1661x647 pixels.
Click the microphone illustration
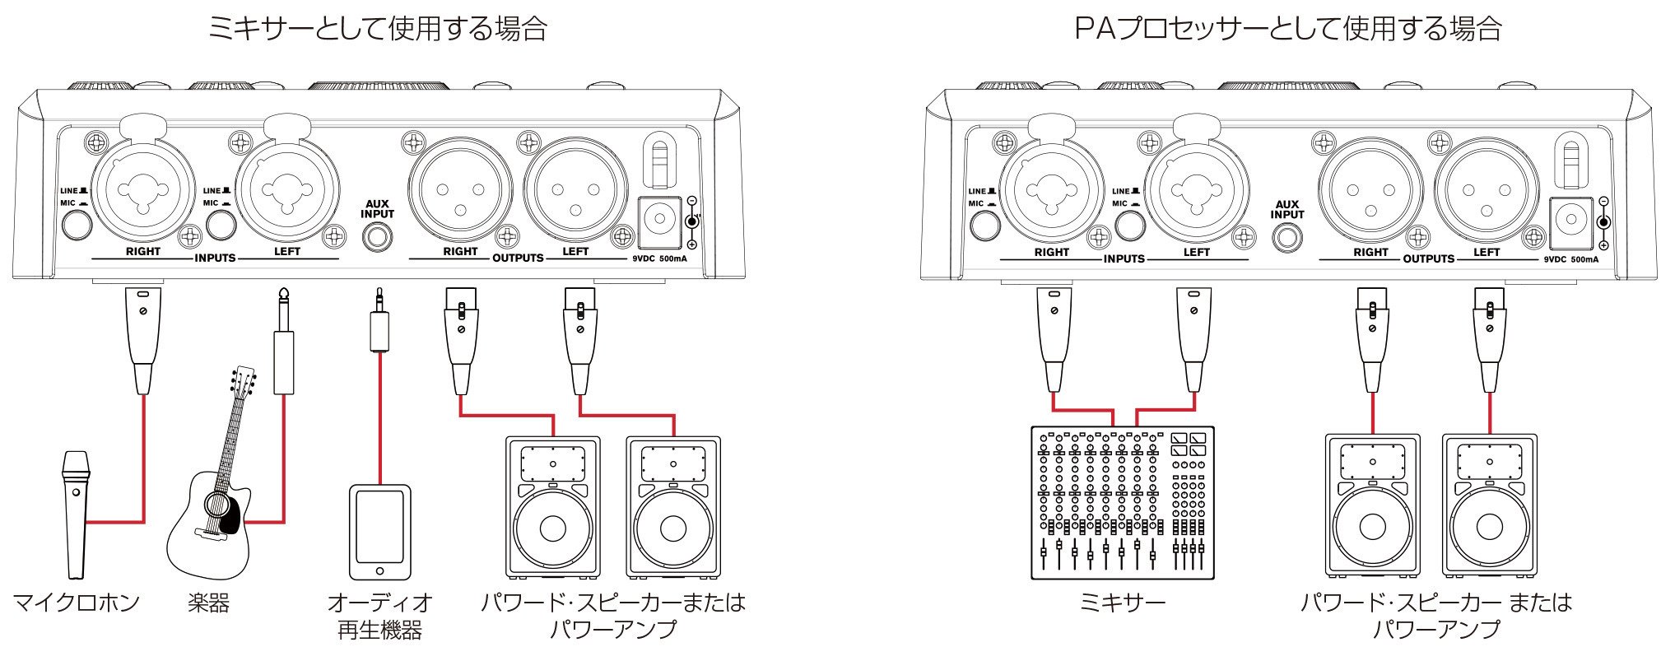77,514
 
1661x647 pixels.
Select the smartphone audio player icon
380,533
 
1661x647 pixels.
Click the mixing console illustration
1123,502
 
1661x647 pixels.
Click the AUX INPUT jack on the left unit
377,237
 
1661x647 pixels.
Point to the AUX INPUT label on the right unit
1287,209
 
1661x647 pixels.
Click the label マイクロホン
76,603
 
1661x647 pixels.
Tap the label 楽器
209,603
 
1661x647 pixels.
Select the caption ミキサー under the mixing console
1122,603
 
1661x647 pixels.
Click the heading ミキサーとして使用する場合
378,30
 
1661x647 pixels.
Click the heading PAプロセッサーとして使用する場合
1288,30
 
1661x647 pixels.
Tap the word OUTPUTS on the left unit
518,258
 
